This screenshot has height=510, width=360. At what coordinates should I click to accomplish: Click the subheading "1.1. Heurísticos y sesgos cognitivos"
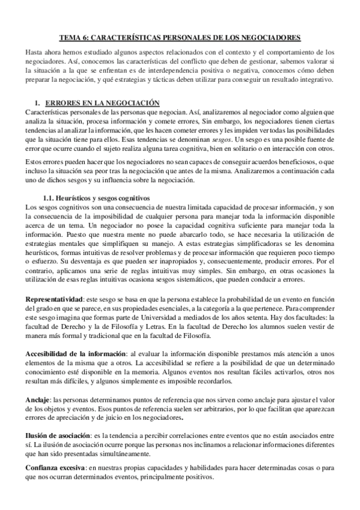coord(97,198)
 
